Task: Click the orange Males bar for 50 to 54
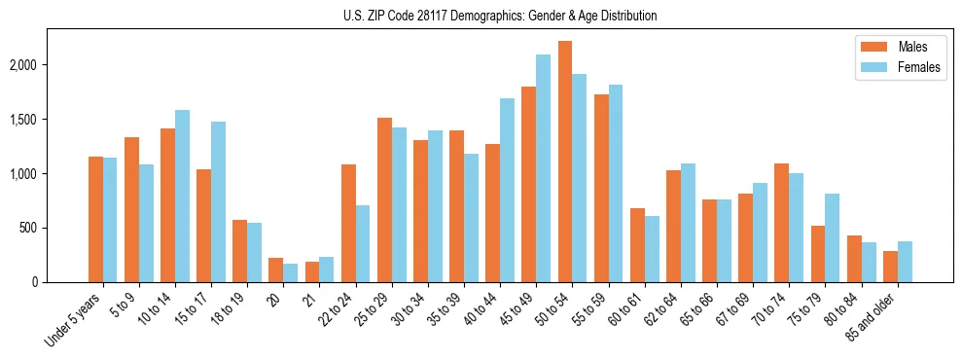(x=565, y=162)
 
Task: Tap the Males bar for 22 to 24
(x=348, y=223)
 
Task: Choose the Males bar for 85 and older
(x=890, y=267)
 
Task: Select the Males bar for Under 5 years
(x=95, y=219)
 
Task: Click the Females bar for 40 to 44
(x=507, y=190)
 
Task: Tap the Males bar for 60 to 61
(x=637, y=245)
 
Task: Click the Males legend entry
(x=891, y=47)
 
